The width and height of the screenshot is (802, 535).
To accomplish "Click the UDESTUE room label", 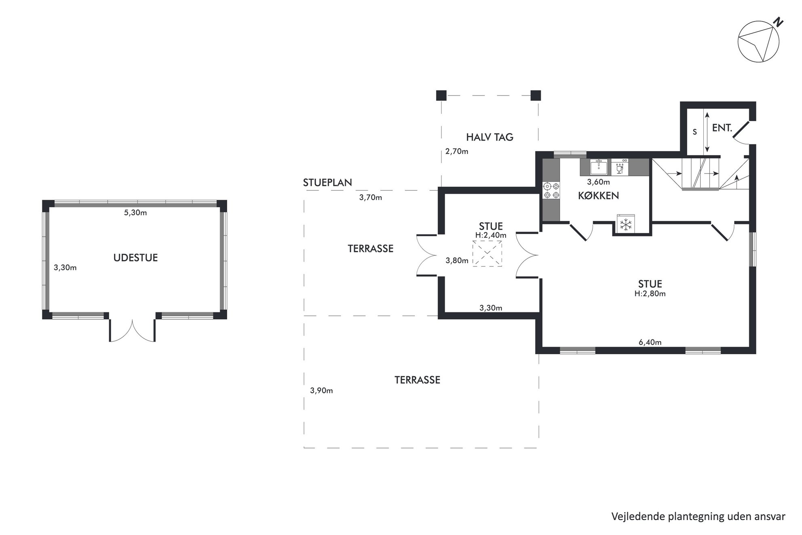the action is click(135, 258).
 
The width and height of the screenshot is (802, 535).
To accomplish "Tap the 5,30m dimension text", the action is click(135, 213).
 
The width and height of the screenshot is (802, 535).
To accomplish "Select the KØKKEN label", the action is click(599, 196).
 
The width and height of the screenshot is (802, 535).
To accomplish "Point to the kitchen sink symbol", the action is click(599, 167).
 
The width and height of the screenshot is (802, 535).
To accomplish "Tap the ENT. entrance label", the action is click(722, 128).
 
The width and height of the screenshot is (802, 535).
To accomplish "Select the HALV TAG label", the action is click(490, 137).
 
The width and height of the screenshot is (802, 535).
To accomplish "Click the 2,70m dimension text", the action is click(457, 152).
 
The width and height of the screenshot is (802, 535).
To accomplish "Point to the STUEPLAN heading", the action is click(327, 182).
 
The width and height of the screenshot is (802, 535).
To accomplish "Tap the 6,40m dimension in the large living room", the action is click(650, 343).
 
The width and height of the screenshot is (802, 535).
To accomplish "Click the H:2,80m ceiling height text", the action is click(650, 294).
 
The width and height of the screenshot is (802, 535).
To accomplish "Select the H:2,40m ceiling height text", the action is click(491, 235).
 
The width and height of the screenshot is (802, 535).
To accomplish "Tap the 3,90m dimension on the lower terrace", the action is click(321, 391).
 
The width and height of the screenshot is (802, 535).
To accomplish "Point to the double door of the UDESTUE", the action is click(132, 330).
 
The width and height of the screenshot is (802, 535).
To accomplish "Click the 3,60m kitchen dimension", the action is click(599, 182).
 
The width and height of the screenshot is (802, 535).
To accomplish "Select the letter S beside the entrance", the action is click(694, 132).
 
